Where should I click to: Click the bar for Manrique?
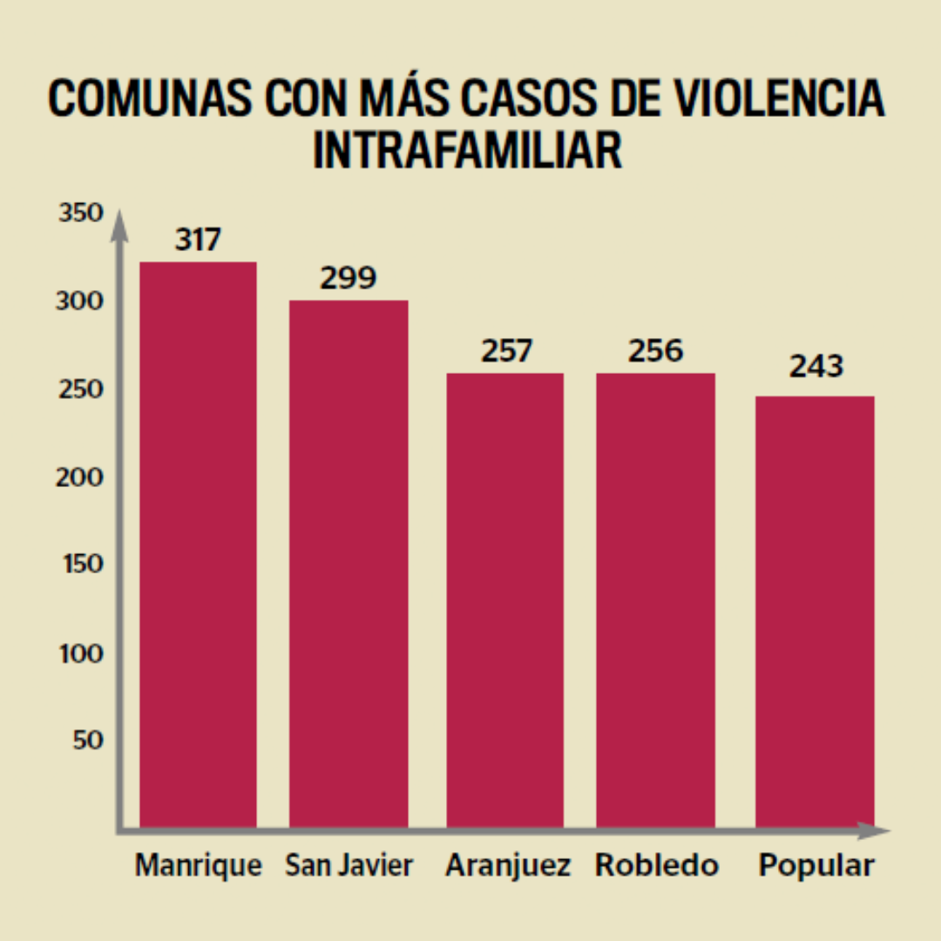(198, 545)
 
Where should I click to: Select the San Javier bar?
(349, 564)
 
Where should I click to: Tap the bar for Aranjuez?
(504, 600)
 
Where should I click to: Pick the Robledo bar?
(655, 600)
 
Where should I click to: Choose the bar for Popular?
(815, 612)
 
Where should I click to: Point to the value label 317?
(198, 240)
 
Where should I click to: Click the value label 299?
(348, 278)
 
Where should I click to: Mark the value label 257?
(505, 351)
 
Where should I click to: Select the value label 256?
(656, 351)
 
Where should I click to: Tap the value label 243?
(816, 367)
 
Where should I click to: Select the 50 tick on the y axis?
(87, 740)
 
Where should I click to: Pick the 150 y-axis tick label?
(81, 565)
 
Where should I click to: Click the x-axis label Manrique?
(198, 866)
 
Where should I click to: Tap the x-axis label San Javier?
(349, 866)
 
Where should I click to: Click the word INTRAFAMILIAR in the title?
(468, 150)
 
